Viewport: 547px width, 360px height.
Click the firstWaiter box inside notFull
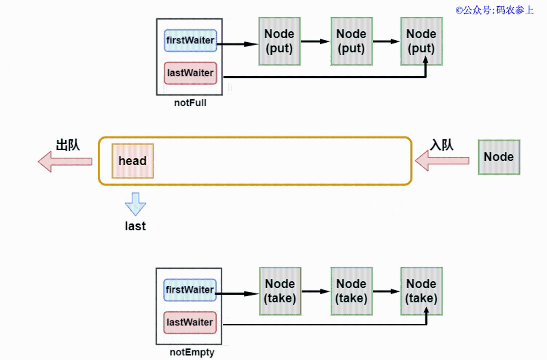[190, 40]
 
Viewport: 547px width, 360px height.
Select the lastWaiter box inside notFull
[190, 73]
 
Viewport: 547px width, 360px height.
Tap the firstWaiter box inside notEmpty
[190, 290]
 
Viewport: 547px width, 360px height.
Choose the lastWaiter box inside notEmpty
[190, 323]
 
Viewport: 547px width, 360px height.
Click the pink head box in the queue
[133, 161]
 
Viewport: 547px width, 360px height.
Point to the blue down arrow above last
[135, 204]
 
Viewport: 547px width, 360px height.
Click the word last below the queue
[135, 226]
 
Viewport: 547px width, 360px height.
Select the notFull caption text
[190, 103]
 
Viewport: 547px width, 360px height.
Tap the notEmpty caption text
[192, 352]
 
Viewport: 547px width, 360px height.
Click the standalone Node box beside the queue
[499, 157]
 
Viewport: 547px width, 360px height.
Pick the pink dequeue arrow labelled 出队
[65, 162]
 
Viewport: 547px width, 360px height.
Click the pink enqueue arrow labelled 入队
[442, 161]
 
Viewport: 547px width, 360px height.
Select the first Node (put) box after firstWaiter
[280, 41]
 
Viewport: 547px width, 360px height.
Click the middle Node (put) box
[351, 41]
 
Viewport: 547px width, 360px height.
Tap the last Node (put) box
[421, 41]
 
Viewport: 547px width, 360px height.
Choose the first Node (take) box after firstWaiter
[280, 291]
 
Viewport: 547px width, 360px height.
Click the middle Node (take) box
[351, 291]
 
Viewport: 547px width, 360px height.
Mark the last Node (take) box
[421, 291]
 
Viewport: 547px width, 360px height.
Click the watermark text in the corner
[494, 10]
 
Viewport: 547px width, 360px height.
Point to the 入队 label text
[442, 145]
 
